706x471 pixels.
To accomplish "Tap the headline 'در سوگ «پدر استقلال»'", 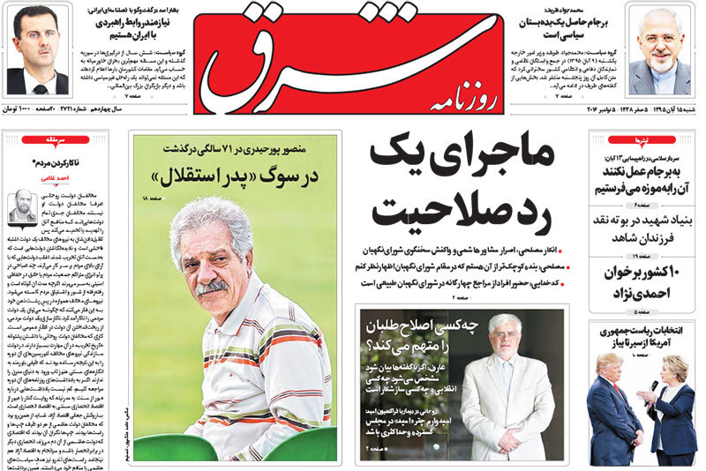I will (x=234, y=173).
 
